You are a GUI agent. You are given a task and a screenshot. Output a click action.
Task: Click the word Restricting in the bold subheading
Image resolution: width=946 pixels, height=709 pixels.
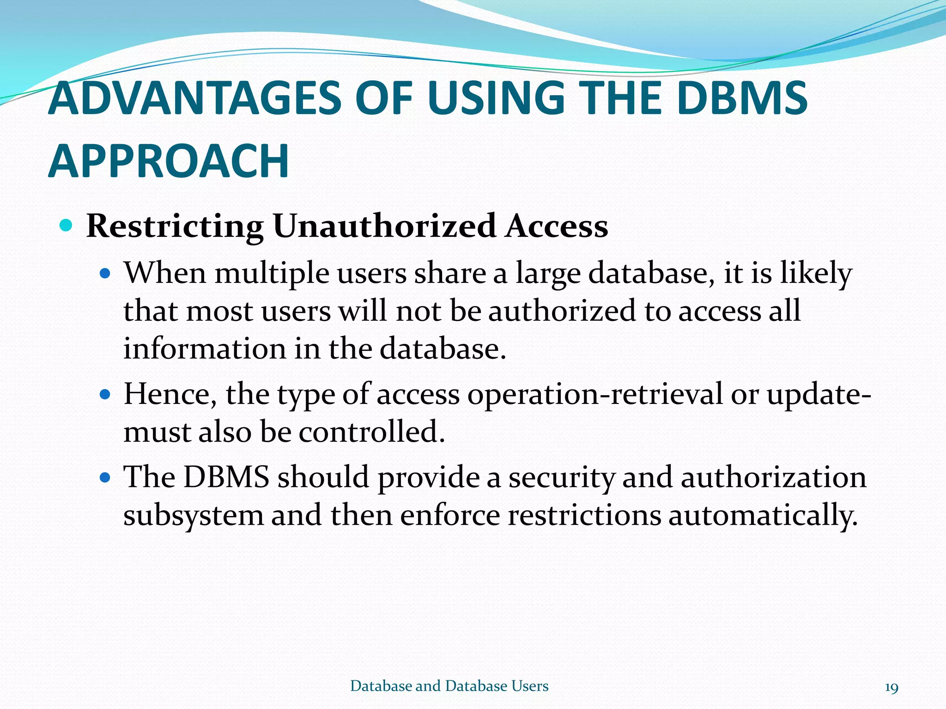pos(175,227)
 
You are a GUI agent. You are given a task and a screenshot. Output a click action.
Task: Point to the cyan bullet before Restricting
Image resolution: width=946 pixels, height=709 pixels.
pos(67,226)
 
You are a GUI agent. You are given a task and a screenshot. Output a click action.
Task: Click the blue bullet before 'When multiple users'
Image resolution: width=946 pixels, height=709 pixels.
pos(105,274)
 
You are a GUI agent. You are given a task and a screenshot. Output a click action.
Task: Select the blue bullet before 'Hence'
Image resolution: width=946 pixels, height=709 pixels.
pos(105,395)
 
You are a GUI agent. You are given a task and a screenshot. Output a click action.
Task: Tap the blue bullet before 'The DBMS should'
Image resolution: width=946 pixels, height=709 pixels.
pos(105,477)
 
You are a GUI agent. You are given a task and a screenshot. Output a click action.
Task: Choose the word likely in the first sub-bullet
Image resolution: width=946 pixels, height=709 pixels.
pos(816,274)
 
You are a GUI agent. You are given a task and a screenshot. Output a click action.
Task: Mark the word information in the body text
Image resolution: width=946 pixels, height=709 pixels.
pos(204,348)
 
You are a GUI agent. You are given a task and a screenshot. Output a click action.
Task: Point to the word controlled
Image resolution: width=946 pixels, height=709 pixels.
pos(371,432)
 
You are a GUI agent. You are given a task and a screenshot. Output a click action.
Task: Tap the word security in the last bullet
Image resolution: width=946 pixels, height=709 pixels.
pos(562,478)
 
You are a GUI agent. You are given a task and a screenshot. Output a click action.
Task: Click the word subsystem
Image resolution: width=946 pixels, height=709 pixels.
pos(193,515)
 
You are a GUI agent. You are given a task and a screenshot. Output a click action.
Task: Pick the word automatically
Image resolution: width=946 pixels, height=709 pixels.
pos(763,515)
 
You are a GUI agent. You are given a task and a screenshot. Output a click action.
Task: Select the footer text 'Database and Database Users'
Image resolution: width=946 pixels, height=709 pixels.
pos(449,686)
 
